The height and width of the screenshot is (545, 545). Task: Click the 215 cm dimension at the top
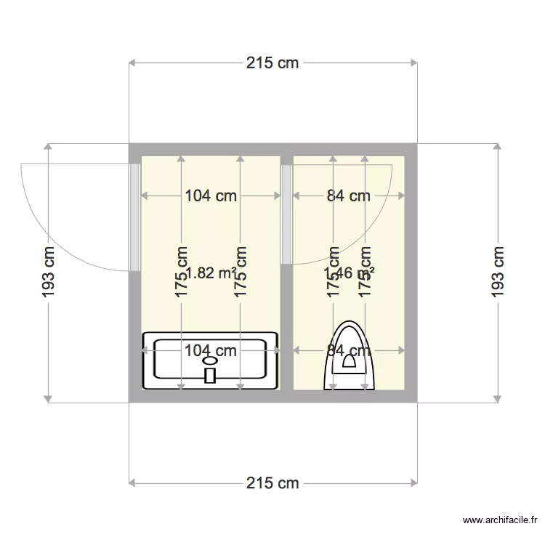point(272,63)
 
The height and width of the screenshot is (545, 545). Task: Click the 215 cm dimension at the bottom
point(272,483)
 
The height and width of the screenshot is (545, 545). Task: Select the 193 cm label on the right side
point(498,272)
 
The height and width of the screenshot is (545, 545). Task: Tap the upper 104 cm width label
point(211,195)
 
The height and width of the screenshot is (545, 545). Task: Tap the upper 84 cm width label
point(348,195)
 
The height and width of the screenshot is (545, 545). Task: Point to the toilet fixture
point(350,356)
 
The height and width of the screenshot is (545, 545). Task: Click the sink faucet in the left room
point(211,375)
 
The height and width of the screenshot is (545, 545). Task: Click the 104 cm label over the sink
point(211,351)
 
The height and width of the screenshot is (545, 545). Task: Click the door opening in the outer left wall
point(134,217)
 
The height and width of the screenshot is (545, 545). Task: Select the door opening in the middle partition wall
point(286,214)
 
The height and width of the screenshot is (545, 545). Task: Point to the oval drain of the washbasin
point(211,360)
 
